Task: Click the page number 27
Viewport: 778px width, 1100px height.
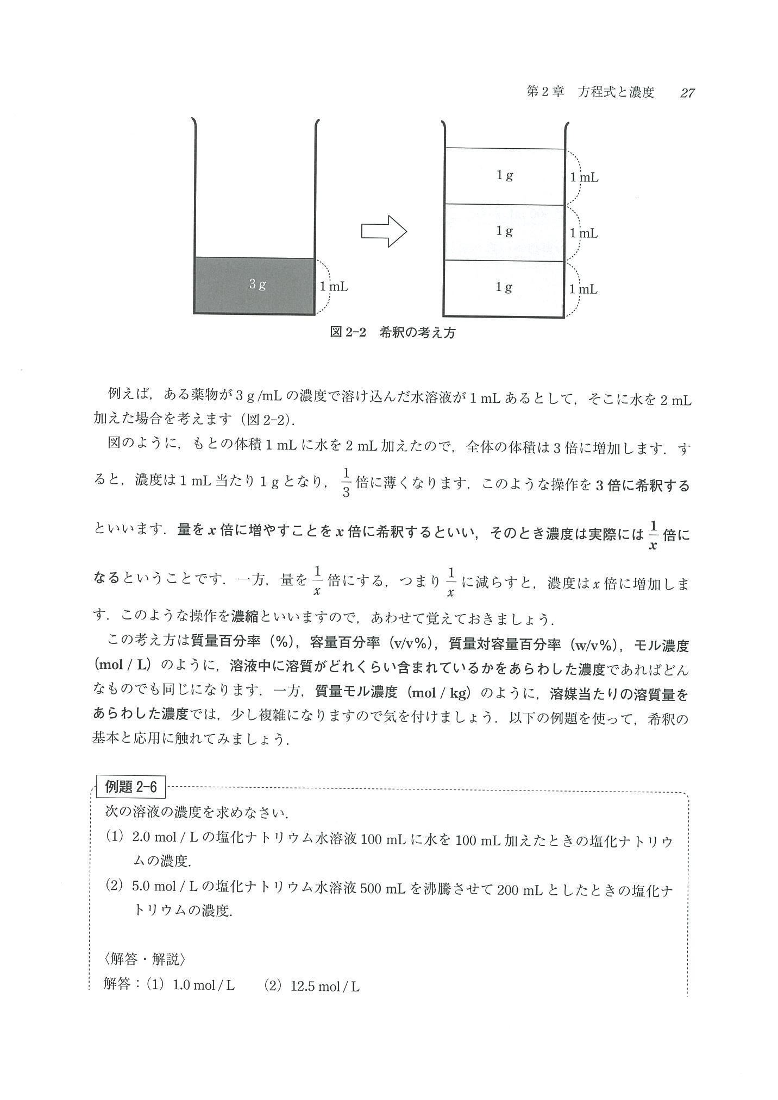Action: (687, 93)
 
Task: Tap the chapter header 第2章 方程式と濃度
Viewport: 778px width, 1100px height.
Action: (591, 92)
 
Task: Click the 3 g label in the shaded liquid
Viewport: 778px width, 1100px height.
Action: (258, 284)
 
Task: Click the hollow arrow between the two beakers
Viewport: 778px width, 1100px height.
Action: (384, 231)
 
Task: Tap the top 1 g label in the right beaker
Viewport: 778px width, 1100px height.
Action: (504, 175)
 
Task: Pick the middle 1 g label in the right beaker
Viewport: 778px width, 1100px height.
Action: (504, 231)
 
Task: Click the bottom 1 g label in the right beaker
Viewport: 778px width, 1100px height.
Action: (504, 287)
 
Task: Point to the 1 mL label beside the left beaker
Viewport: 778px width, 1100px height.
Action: (334, 287)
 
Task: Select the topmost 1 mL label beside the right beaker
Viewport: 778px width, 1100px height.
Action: (584, 178)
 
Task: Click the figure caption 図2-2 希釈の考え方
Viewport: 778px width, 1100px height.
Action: (393, 333)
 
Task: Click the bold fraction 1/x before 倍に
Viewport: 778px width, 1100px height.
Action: (653, 535)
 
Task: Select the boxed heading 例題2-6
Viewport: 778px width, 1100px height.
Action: (130, 787)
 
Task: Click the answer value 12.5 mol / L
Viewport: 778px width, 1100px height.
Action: (325, 986)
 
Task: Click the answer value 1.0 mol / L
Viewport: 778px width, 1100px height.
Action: (203, 986)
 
